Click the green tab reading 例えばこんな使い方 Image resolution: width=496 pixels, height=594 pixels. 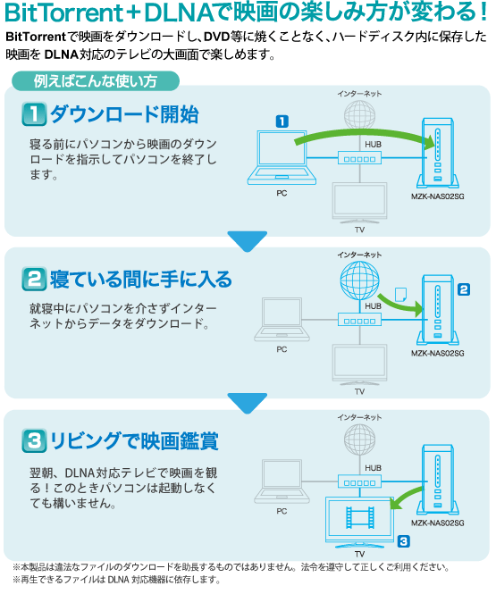(x=96, y=80)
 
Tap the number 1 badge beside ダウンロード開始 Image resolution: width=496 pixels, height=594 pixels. (x=35, y=113)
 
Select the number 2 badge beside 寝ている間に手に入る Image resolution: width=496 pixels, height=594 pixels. (x=35, y=279)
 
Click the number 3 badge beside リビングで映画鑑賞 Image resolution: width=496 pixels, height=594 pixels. (x=35, y=440)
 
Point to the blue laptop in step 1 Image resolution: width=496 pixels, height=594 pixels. (x=282, y=157)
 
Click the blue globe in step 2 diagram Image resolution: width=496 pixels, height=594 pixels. (x=359, y=280)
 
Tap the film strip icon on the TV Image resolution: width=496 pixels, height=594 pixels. (x=359, y=518)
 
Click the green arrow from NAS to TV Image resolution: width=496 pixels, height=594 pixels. (x=406, y=498)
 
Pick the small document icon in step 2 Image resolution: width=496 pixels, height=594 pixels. (x=400, y=295)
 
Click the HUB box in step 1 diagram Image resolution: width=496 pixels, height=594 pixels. (x=359, y=158)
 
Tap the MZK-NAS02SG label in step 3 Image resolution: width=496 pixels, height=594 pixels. (x=438, y=523)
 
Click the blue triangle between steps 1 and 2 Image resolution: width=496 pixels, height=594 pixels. (x=248, y=241)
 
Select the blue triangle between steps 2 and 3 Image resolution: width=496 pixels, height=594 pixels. (x=248, y=403)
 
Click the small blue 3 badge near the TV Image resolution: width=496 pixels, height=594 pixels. (x=404, y=541)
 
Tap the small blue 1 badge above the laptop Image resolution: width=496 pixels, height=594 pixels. (x=282, y=121)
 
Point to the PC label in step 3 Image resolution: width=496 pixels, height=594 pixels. (x=282, y=512)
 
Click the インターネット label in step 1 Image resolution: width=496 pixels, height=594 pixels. (x=359, y=94)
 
